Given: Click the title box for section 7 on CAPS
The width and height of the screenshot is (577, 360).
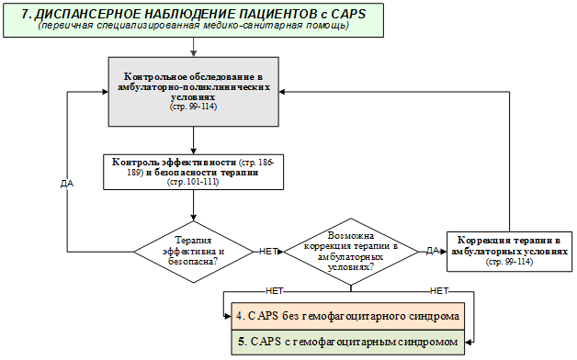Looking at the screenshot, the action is pos(193,20).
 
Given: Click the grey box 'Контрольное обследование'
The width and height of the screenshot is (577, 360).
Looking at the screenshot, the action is pos(193,92).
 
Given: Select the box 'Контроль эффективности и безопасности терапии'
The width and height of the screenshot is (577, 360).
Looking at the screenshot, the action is pos(193,172).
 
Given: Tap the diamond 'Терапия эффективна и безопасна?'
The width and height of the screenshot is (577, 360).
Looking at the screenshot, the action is pos(193,252).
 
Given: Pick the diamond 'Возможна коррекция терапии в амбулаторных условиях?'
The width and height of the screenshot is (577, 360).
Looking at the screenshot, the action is pos(351,252).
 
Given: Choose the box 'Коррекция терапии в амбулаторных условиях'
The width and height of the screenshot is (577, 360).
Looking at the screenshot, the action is pos(509,252).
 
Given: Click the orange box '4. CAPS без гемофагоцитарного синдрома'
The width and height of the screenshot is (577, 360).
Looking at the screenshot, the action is pos(347,316).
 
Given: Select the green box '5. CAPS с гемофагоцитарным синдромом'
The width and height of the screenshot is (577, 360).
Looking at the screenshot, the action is pos(347,342).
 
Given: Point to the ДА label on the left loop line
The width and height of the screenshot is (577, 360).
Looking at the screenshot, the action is pos(67,184).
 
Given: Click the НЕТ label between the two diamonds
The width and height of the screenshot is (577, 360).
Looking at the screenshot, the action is pos(268,252).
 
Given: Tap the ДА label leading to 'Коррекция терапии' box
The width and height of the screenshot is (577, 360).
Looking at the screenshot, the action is pos(433,251).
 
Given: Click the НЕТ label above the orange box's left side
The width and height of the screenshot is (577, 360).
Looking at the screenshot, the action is pos(275,291).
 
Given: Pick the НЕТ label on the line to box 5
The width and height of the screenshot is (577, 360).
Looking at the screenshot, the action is pos(439,291).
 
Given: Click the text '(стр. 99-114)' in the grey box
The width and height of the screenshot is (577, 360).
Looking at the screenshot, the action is pos(193,107).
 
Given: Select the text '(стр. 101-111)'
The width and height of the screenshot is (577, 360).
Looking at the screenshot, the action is pos(193,182).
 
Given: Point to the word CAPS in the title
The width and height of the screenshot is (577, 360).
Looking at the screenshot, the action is pos(348,14).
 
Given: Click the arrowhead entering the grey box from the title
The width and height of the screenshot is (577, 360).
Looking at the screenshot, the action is pos(193,53).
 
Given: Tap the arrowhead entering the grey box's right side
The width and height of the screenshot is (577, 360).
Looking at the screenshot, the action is pos(282,92).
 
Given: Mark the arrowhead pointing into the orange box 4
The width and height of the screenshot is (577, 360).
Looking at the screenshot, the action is pos(228,316).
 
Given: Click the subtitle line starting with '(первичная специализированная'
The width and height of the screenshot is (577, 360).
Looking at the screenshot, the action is pos(193,26).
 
